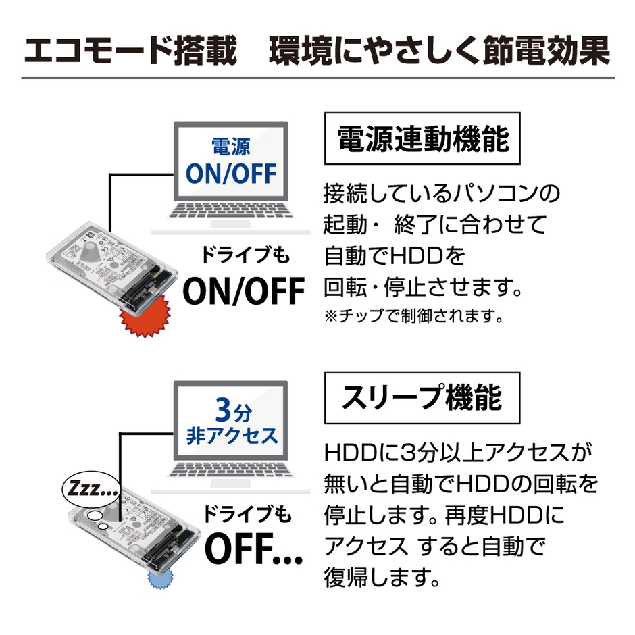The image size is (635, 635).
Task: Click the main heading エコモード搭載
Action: pos(130,52)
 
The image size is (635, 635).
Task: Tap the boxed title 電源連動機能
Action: pos(423,141)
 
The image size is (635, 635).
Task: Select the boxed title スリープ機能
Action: pos(422,398)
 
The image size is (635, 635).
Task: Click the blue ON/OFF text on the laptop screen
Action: pos(232,174)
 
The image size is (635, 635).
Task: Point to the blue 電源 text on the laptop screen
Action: pos(231,147)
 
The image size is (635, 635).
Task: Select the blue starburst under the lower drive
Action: pos(160,578)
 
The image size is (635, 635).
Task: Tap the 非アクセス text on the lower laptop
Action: pos(232,435)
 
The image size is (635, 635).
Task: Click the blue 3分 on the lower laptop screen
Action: pos(232,409)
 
